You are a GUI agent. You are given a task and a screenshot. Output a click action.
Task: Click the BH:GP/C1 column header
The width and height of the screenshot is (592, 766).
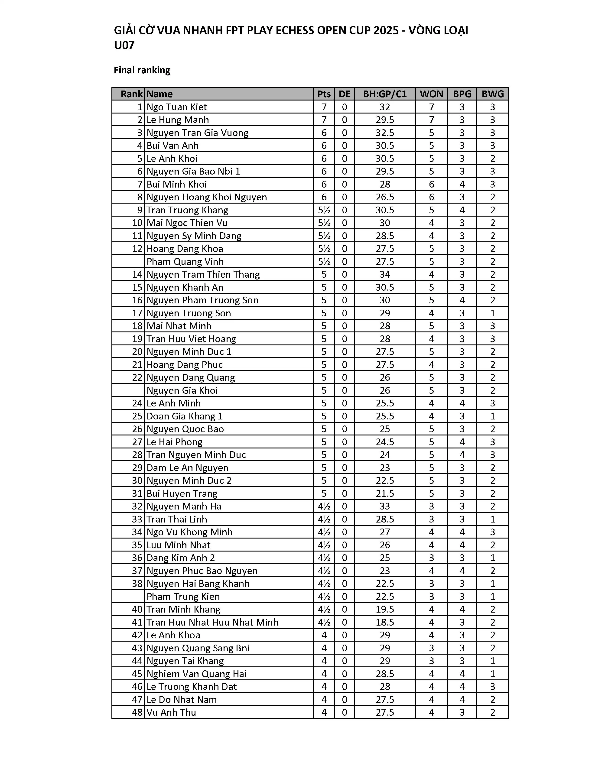[x=385, y=94]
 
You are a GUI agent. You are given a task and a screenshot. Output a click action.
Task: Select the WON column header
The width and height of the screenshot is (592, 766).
[x=431, y=94]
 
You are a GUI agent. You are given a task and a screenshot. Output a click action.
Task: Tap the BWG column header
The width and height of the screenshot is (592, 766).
[x=492, y=94]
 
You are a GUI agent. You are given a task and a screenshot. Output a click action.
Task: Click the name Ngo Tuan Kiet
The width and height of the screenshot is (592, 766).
[x=177, y=107]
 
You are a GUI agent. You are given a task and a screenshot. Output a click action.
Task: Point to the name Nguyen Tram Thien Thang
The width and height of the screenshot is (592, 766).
[x=203, y=274]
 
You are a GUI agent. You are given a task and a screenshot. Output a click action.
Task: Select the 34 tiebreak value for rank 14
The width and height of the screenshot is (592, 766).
[x=385, y=274]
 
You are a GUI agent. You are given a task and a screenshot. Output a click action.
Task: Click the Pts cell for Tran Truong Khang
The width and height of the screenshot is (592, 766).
[x=324, y=210]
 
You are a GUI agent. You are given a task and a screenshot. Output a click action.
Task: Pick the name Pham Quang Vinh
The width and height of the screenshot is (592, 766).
[x=185, y=262]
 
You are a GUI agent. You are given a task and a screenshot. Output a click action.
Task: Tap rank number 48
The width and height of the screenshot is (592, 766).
[x=137, y=712]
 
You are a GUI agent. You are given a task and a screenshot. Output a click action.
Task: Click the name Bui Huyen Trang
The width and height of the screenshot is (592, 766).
[x=182, y=493]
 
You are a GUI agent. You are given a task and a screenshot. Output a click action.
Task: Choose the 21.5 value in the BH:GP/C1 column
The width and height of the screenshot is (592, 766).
[x=385, y=493]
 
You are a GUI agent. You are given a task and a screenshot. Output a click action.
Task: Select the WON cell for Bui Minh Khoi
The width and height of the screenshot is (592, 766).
[x=431, y=185]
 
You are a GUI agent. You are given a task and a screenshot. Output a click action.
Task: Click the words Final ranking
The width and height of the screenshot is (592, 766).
[x=142, y=70]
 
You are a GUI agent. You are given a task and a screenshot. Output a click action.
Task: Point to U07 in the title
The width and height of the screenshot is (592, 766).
[x=124, y=45]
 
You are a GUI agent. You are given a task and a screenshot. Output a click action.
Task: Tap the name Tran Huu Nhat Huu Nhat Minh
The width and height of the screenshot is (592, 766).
[x=212, y=622]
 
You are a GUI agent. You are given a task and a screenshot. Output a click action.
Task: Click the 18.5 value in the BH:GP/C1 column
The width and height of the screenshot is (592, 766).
[x=385, y=622]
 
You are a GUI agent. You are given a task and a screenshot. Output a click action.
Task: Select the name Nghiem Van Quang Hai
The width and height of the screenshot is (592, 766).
[x=196, y=674]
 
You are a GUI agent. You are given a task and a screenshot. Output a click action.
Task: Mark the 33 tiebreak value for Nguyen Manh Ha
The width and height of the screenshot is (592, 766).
[x=385, y=506]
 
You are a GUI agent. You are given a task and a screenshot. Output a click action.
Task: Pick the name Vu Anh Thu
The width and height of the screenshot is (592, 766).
[x=171, y=712]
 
